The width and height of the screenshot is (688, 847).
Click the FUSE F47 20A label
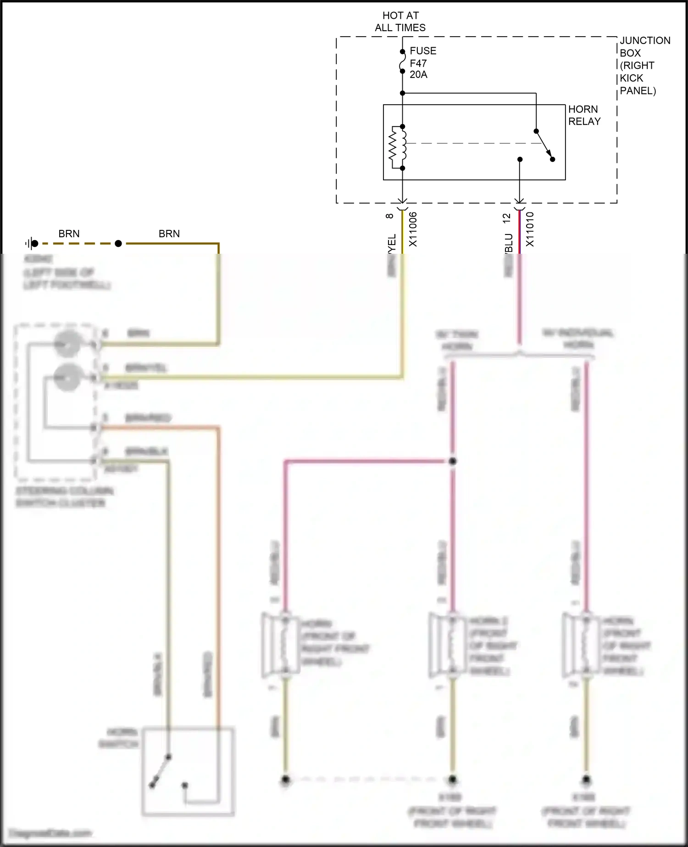[422, 63]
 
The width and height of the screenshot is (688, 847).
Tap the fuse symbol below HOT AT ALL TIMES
[402, 61]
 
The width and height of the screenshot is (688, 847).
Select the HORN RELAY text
[584, 115]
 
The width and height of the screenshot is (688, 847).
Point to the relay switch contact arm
[544, 145]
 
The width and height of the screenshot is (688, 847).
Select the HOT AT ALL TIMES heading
[400, 22]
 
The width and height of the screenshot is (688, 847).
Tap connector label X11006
[413, 229]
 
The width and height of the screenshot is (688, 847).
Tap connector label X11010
[530, 229]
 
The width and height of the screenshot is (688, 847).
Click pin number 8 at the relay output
[390, 216]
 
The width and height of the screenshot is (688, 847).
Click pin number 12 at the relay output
[506, 218]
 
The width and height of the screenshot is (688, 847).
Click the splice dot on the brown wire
[118, 243]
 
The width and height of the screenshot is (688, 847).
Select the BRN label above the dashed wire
[69, 234]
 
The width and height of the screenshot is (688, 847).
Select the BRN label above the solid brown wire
[169, 234]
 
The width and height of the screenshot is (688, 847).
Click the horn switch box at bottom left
[188, 771]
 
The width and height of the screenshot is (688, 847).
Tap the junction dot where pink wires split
[452, 461]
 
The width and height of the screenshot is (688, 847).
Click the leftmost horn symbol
[281, 645]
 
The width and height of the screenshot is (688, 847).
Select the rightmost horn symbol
[581, 645]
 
